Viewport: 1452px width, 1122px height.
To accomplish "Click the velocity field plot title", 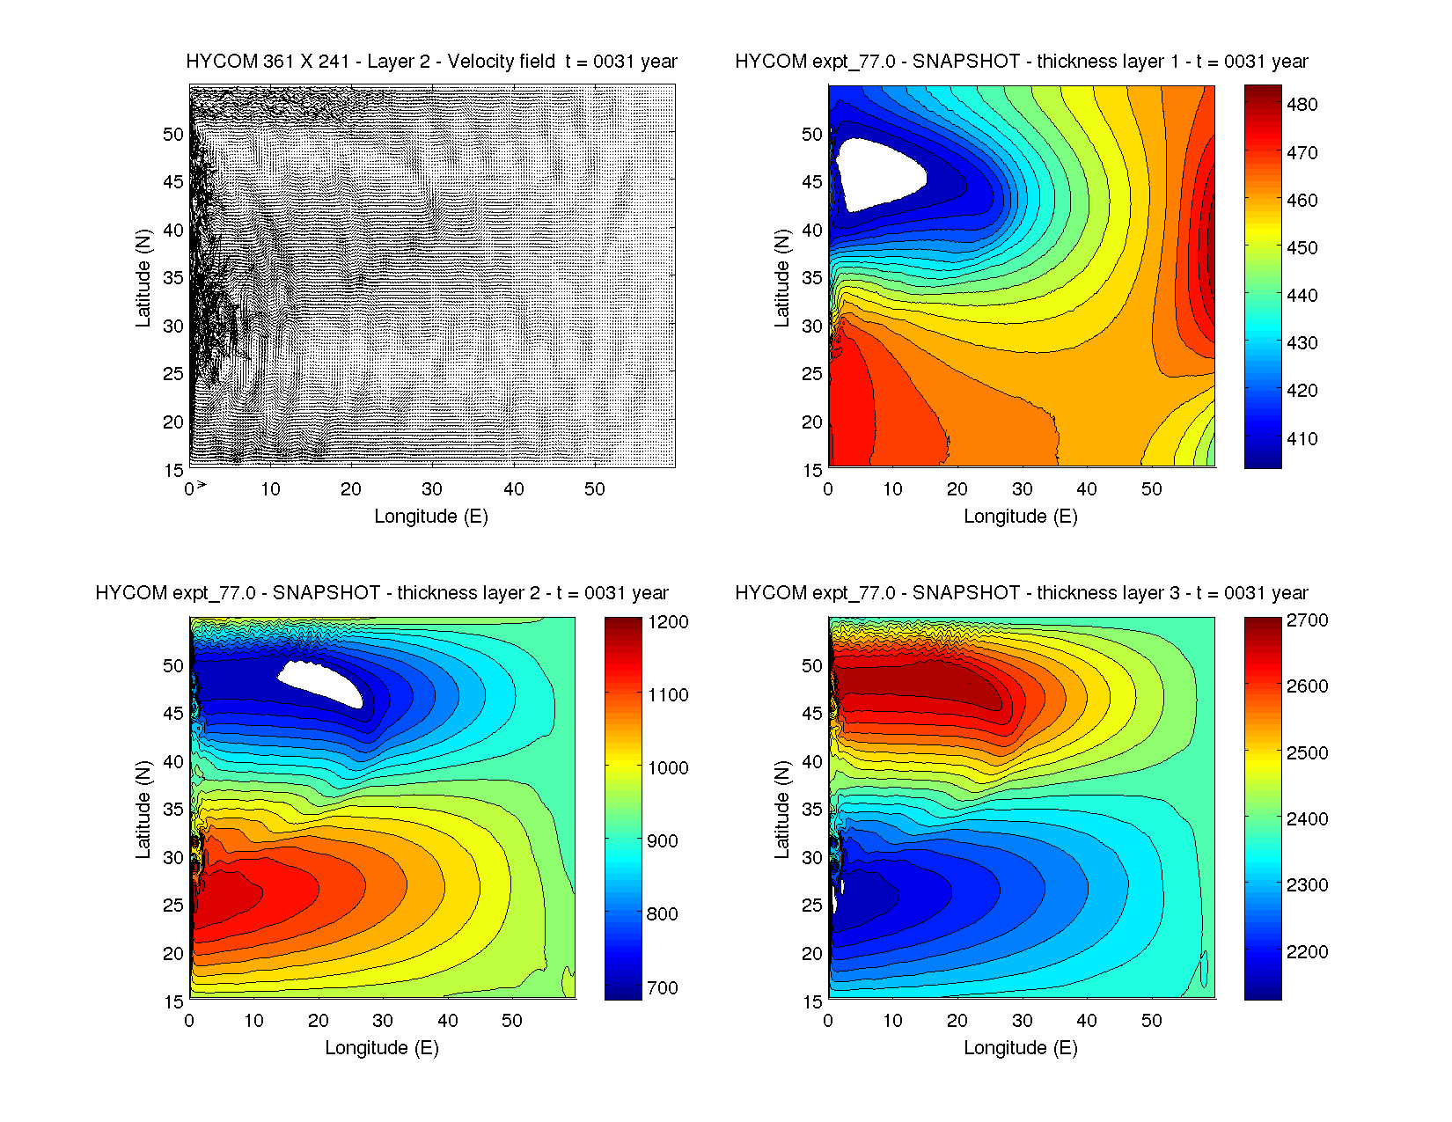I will [431, 62].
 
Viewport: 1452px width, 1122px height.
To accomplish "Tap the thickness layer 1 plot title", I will [1021, 62].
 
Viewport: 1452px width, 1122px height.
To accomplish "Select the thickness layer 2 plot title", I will [382, 593].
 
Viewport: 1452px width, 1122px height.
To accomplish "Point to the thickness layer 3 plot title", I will [1021, 593].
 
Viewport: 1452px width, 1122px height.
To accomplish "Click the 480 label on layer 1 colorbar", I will [1302, 105].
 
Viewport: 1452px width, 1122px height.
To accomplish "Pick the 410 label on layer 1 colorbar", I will [1302, 438].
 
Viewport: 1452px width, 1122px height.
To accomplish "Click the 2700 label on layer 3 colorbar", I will [1307, 620].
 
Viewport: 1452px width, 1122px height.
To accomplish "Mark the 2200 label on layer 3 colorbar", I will [1307, 951].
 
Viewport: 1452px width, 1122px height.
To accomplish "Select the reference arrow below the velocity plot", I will [201, 484].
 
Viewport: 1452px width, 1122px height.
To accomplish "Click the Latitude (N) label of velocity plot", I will [143, 277].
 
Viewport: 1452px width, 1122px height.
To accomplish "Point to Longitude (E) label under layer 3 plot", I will [1021, 1047].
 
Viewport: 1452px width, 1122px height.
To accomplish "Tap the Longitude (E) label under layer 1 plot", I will [1021, 516].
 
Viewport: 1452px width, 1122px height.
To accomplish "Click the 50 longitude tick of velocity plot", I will [595, 489].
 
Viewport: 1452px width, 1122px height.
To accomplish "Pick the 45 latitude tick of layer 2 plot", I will [173, 714].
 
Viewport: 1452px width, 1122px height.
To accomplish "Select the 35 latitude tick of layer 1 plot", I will [812, 277].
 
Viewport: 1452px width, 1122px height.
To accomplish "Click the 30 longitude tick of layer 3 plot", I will [1023, 1021].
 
